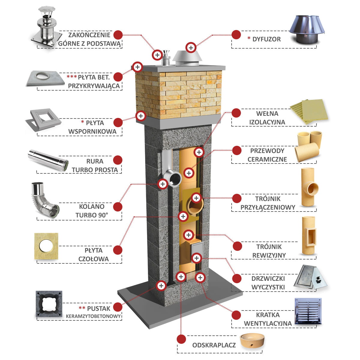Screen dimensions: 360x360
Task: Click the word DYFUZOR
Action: [x=266, y=39]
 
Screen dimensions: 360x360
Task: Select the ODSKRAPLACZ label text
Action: [x=214, y=345]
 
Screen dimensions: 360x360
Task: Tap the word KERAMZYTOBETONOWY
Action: [x=93, y=316]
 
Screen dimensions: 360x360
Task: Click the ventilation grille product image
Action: [x=308, y=311]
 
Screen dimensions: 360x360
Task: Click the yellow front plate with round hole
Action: [x=46, y=246]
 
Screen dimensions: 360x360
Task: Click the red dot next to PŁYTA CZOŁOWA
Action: [x=118, y=250]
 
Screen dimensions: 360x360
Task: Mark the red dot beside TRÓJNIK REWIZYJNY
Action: [x=237, y=246]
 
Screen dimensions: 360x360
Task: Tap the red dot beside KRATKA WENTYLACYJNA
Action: [x=236, y=315]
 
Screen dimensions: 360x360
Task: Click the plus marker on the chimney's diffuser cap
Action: [x=191, y=47]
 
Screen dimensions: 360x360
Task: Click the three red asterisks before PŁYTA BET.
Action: [x=72, y=77]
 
